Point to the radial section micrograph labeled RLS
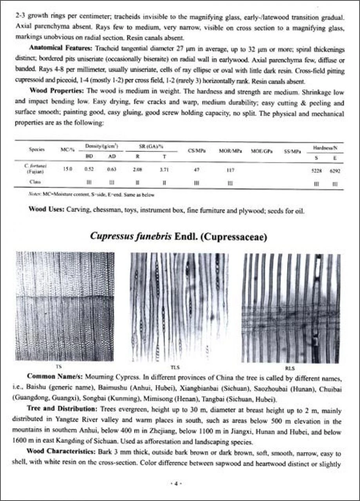click(292, 308)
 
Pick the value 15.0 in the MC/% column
click(67, 168)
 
